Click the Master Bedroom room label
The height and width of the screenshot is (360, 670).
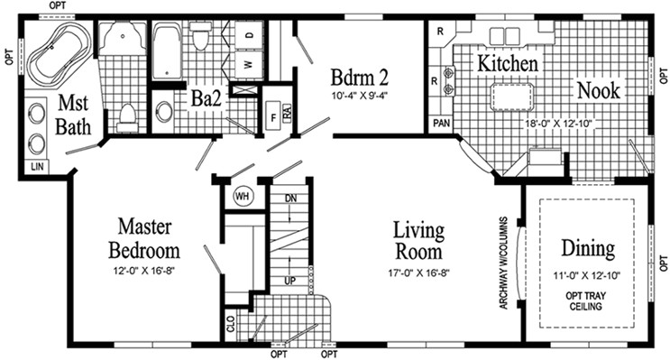pyautogui.click(x=144, y=238)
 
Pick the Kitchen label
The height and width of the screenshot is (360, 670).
pyautogui.click(x=508, y=64)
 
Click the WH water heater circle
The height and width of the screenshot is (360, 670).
pyautogui.click(x=242, y=195)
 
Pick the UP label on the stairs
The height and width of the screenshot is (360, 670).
pyautogui.click(x=290, y=281)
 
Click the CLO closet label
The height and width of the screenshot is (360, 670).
pyautogui.click(x=231, y=323)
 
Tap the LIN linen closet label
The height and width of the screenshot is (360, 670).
pyautogui.click(x=35, y=167)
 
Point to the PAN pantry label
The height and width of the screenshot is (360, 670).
pyautogui.click(x=441, y=122)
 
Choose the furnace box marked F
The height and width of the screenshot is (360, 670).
pyautogui.click(x=273, y=116)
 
